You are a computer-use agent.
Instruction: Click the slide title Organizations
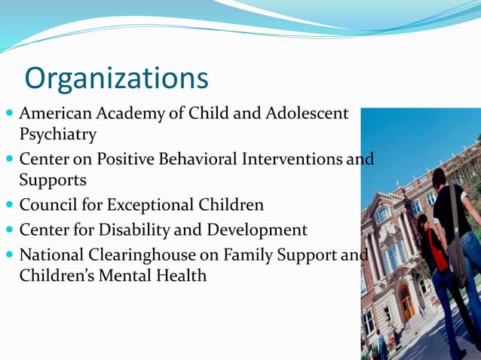coord(116,78)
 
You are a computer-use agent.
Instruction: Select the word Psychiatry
coord(58,135)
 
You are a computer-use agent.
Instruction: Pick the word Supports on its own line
coord(53,181)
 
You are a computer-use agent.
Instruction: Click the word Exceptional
coord(155,206)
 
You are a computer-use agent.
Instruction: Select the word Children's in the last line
coord(57,276)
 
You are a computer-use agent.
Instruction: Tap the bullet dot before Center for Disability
coord(8,230)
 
